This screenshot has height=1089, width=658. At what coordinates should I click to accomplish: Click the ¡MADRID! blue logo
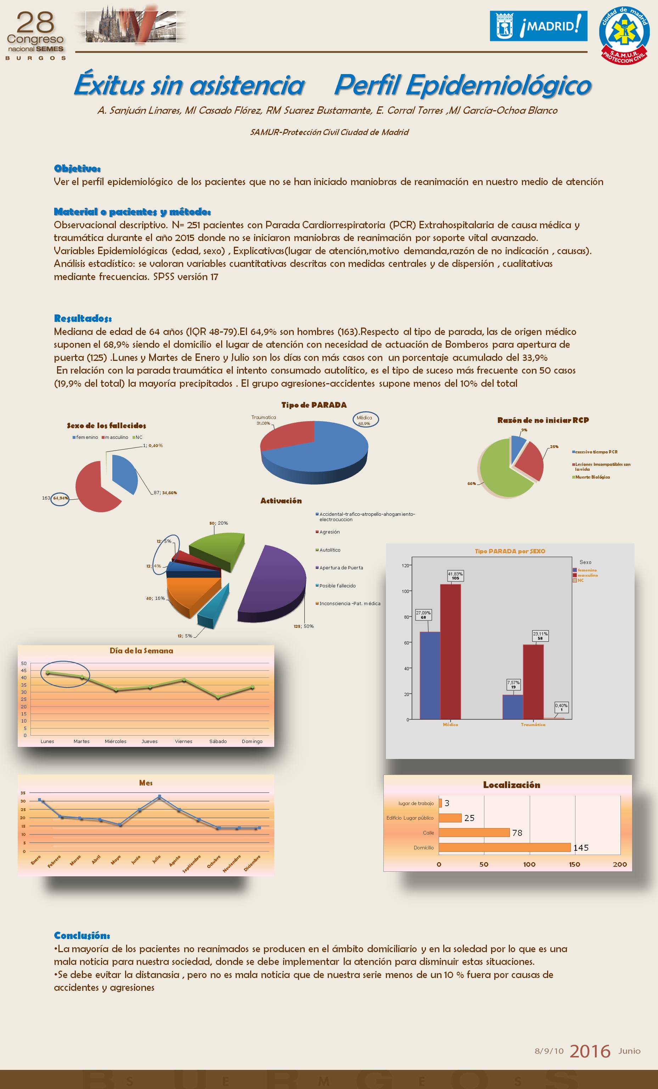(538, 26)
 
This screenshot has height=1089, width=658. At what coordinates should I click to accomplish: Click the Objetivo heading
(77, 168)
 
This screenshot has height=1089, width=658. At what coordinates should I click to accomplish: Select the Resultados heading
(83, 318)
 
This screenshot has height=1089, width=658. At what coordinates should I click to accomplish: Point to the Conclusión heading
(82, 935)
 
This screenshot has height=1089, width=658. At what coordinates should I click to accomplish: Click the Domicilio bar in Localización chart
(505, 847)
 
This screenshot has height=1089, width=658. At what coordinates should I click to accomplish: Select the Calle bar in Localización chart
(474, 833)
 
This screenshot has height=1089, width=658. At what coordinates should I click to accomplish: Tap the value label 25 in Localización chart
(469, 818)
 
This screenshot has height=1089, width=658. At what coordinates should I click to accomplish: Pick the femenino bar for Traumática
(513, 707)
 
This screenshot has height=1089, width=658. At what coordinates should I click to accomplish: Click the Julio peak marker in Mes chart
(159, 797)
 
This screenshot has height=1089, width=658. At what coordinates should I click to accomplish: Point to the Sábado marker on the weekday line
(218, 697)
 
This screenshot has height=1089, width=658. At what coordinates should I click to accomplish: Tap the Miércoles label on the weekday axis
(116, 741)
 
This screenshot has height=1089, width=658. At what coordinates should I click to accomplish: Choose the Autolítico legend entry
(330, 550)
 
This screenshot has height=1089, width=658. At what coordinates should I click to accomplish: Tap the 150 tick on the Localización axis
(574, 864)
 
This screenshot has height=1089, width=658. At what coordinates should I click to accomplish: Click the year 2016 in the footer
(590, 1051)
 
